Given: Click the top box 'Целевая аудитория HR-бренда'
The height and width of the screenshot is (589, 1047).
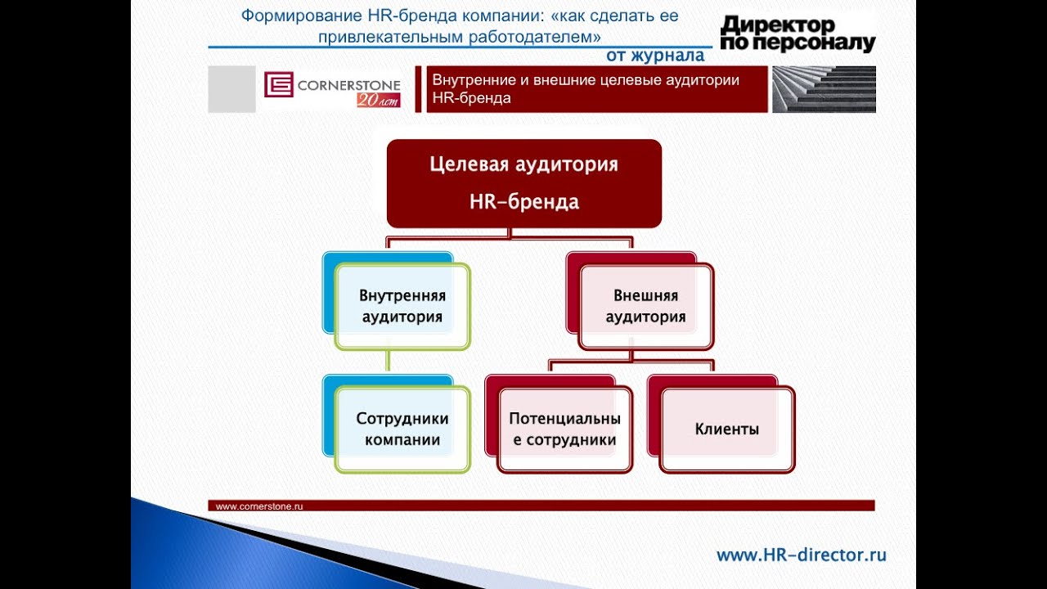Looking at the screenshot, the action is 524,183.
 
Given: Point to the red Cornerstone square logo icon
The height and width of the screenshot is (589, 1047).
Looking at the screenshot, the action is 279,84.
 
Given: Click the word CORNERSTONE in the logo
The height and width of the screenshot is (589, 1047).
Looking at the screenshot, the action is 348,85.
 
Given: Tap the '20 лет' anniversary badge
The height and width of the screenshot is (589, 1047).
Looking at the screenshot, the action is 379,100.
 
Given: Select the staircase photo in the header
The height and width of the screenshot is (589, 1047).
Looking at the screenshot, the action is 824,89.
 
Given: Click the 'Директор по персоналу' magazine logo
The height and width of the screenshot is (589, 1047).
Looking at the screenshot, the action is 798,34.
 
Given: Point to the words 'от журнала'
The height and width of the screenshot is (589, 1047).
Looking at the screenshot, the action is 655,55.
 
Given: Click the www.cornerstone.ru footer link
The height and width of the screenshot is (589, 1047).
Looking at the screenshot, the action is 259,506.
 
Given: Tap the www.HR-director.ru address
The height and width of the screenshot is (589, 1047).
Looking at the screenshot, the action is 801,555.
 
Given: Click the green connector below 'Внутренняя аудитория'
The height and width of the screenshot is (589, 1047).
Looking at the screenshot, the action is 388,361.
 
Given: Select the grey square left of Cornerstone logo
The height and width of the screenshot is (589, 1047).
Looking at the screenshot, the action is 231,89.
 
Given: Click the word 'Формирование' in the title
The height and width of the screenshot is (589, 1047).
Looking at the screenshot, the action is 302,16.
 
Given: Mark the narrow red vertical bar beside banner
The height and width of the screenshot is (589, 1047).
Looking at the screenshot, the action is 418,89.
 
